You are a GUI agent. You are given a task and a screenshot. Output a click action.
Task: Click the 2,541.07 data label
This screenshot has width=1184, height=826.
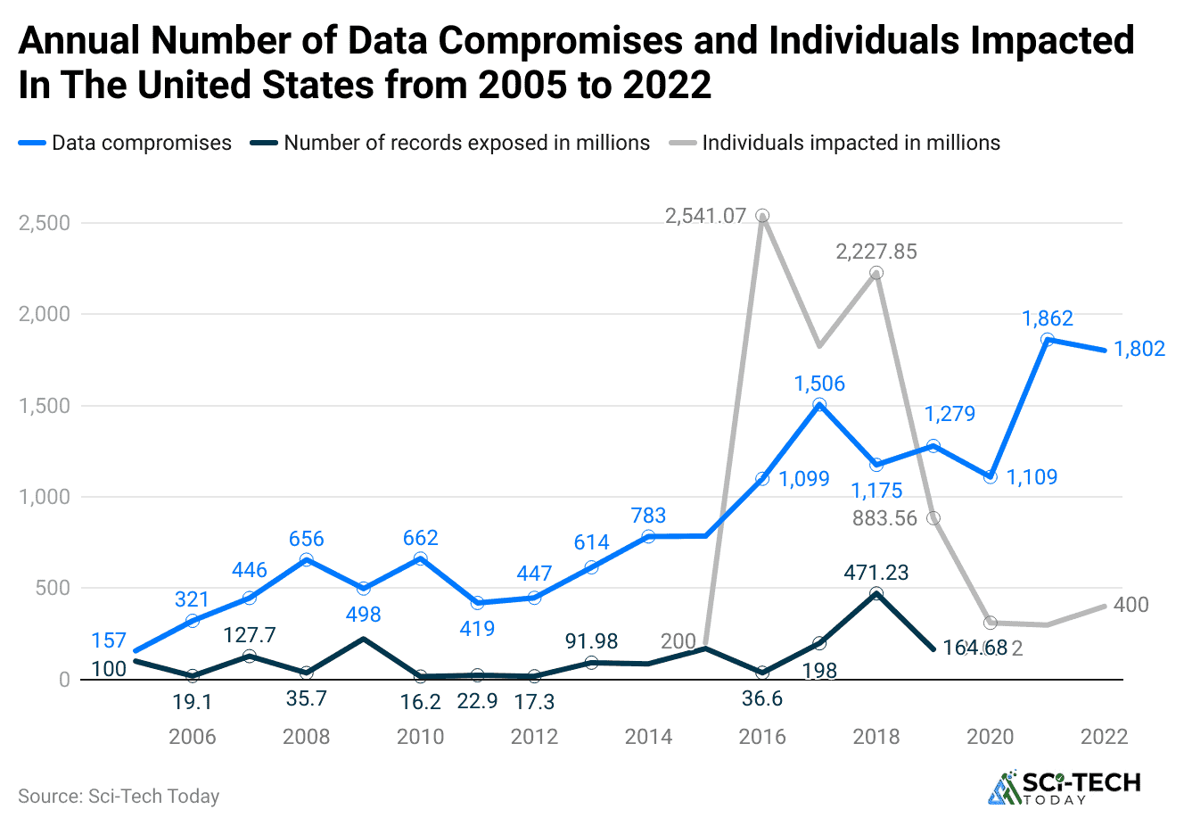click(x=705, y=216)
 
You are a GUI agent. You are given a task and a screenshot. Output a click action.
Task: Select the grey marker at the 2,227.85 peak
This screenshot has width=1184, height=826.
click(x=876, y=273)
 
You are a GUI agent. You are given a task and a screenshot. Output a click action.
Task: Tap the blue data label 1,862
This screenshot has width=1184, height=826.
click(x=1047, y=318)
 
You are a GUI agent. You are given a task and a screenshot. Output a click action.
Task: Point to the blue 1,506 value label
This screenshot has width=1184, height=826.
click(x=819, y=384)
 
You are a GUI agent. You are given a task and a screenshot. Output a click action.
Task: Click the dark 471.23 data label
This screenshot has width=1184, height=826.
click(x=876, y=573)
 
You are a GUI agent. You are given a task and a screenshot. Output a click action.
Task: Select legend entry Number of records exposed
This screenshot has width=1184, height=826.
click(x=466, y=143)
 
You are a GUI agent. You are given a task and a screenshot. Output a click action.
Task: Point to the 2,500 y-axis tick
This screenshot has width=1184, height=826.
click(x=45, y=223)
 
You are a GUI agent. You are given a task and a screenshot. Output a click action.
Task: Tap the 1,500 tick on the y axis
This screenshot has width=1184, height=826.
click(x=45, y=406)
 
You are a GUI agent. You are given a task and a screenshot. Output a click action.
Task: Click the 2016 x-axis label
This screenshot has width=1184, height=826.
click(x=762, y=737)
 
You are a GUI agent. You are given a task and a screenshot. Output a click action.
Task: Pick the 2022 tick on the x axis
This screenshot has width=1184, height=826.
click(x=1104, y=737)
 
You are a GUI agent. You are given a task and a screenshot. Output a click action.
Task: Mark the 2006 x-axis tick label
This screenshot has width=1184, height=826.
click(x=193, y=737)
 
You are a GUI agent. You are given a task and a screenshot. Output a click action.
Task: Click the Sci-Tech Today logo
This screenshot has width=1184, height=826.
click(x=1065, y=787)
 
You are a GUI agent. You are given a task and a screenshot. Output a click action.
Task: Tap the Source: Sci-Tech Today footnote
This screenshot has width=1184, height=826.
click(x=119, y=797)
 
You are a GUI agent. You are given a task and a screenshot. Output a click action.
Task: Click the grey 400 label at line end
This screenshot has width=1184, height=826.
click(x=1131, y=605)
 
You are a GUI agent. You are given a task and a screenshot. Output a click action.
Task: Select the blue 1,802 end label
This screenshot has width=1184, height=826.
click(x=1139, y=349)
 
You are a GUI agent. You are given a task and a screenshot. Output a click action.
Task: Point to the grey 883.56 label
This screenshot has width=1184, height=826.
click(x=884, y=518)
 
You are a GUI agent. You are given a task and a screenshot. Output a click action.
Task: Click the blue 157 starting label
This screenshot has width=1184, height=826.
click(x=109, y=640)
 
